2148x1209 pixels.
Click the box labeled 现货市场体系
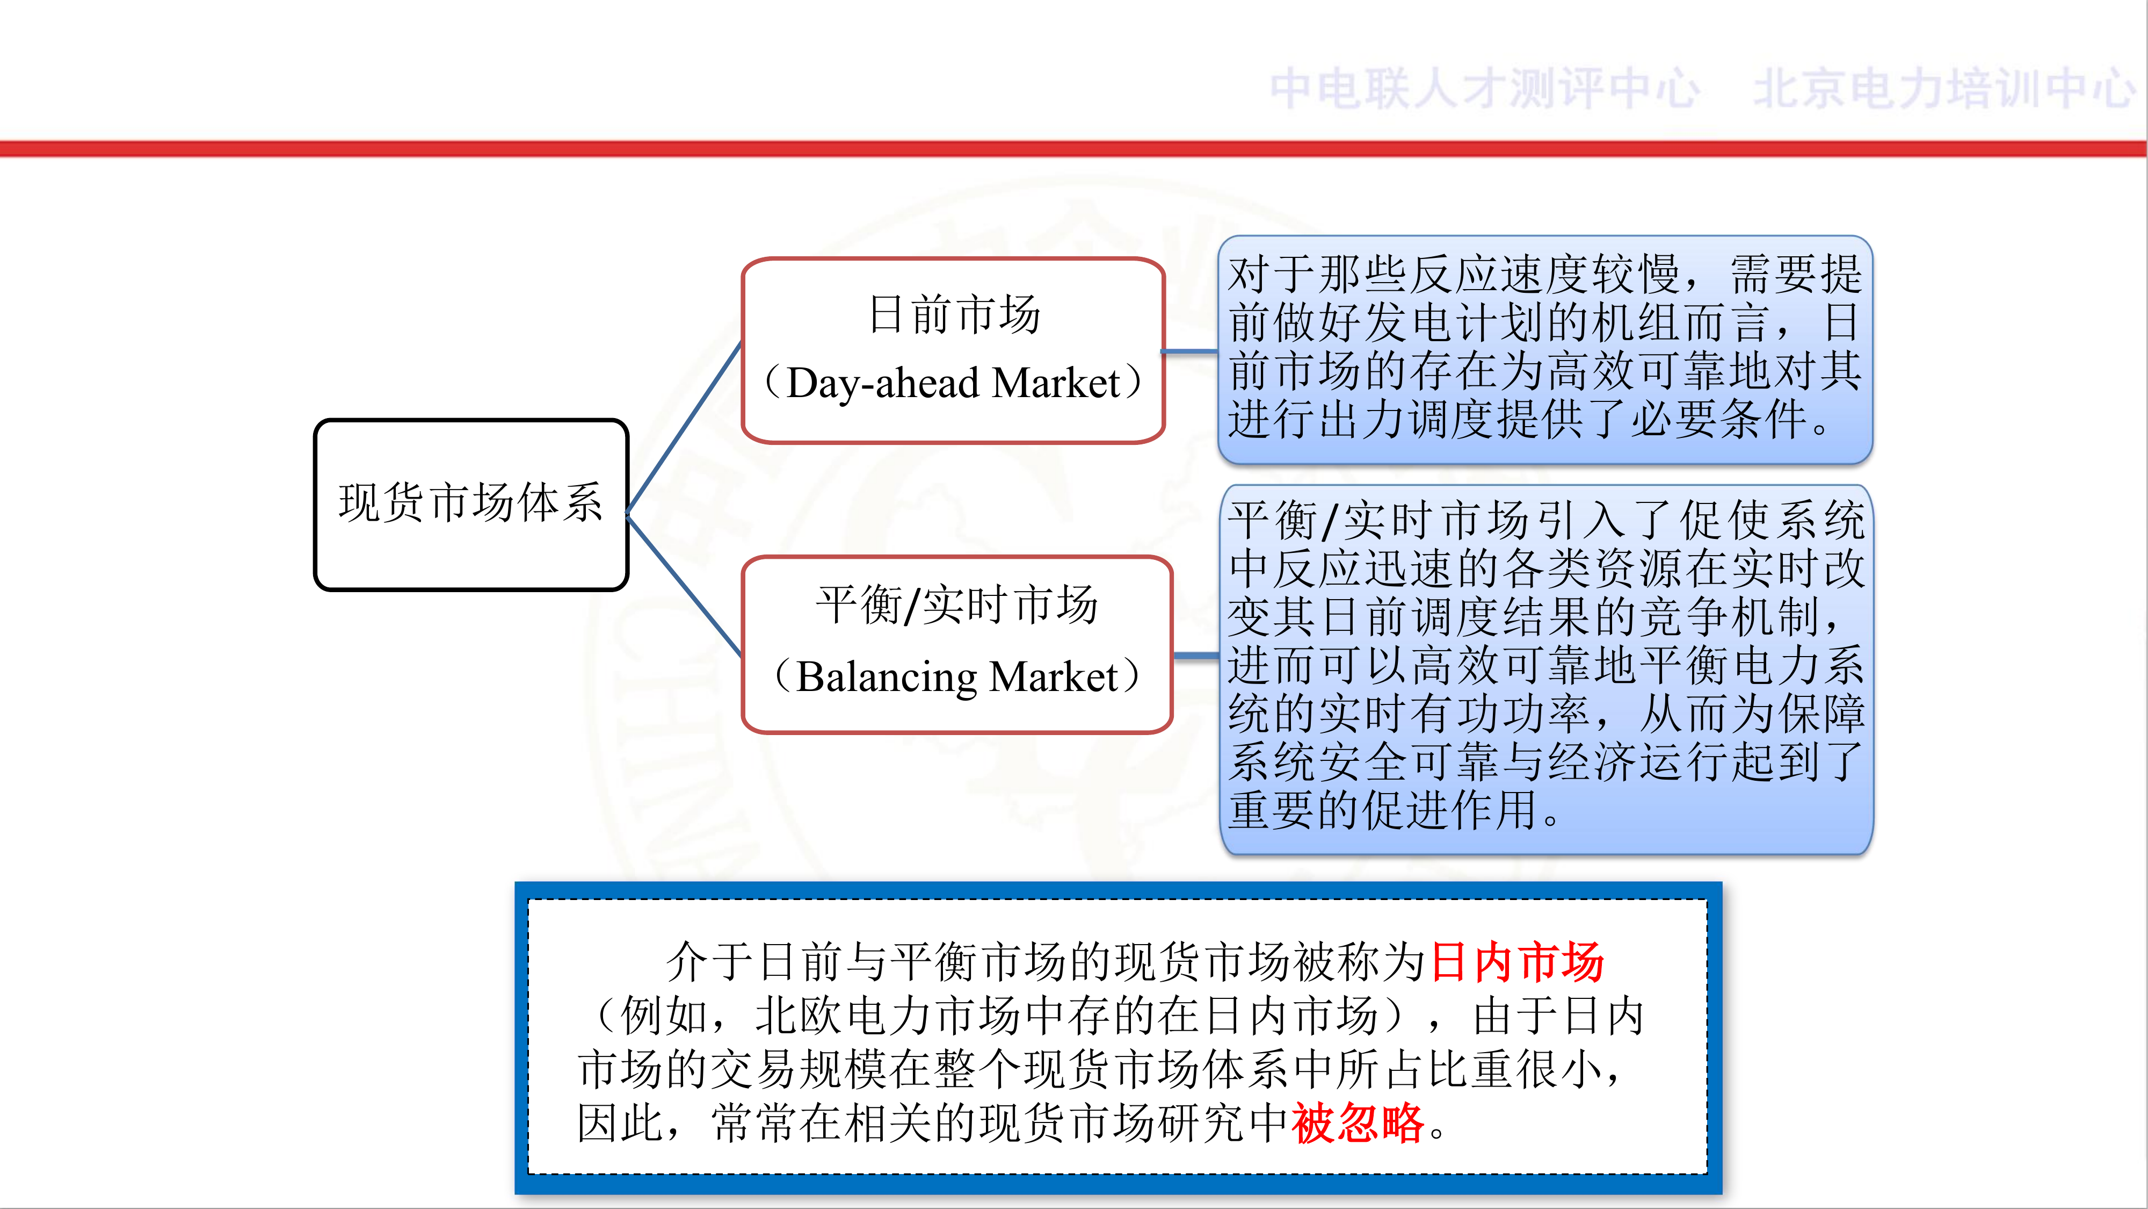tap(471, 505)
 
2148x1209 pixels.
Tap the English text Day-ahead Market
tap(953, 383)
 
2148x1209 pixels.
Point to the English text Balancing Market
tap(956, 676)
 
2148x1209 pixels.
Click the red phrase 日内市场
tap(1518, 962)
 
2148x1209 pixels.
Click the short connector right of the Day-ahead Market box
tap(1191, 351)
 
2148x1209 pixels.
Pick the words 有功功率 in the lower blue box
tap(1498, 714)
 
